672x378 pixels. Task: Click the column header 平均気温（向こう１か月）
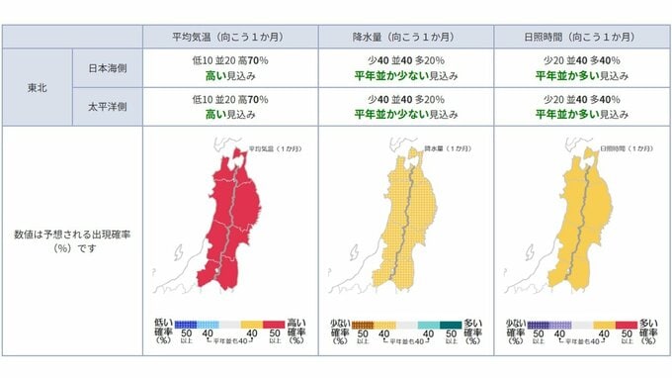click(x=229, y=37)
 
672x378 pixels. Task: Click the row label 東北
click(x=38, y=88)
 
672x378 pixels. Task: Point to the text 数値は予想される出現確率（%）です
click(x=71, y=240)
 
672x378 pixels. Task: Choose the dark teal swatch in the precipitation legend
click(x=451, y=324)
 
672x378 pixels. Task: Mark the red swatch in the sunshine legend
click(x=626, y=324)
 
